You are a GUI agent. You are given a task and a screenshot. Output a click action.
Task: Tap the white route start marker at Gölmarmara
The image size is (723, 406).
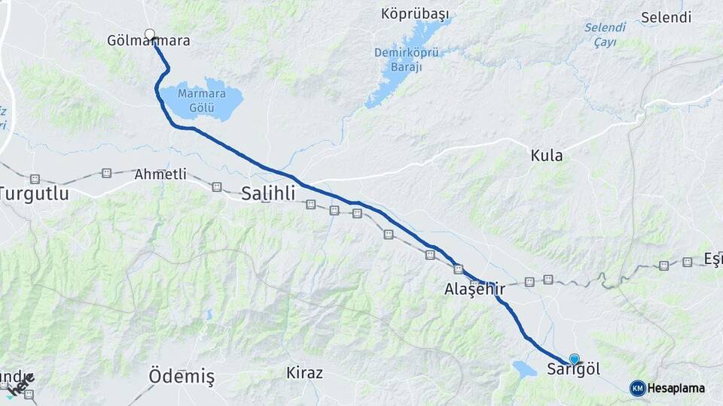coord(150,34)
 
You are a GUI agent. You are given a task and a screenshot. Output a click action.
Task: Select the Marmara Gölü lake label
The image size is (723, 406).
coord(202,101)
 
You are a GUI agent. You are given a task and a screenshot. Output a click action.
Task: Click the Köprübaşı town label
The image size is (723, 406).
coord(414,15)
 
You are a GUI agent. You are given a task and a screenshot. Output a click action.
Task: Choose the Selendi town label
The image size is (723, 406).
coord(666,17)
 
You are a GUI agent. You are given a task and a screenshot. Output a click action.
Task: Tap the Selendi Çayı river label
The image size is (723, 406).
coord(605,35)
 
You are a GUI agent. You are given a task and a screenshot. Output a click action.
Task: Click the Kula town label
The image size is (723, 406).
coord(547,156)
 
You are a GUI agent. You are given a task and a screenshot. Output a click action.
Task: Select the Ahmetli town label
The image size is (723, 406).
coord(160,174)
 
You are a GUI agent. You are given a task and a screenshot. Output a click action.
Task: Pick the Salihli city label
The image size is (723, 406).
coord(268,193)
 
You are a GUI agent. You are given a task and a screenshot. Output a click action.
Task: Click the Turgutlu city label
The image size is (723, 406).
coord(34,194)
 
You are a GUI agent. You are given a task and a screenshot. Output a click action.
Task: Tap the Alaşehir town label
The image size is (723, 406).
coord(474,289)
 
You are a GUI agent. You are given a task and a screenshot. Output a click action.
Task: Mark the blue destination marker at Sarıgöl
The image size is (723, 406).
coord(575,359)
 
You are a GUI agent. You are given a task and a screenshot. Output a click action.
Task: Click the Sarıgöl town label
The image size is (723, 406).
coord(573,370)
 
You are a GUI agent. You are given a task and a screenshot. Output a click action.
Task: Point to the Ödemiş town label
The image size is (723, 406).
coord(182,376)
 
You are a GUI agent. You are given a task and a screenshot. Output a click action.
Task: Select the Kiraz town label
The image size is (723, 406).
coord(304,373)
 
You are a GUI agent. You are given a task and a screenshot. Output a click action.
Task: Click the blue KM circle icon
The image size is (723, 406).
coord(637,388)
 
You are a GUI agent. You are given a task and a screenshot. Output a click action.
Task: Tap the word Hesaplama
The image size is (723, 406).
coord(676,389)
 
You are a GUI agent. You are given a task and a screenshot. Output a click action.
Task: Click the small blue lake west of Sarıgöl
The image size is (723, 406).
coord(523,369)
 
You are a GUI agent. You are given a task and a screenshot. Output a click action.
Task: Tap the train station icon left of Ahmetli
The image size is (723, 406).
coord(106,173)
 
